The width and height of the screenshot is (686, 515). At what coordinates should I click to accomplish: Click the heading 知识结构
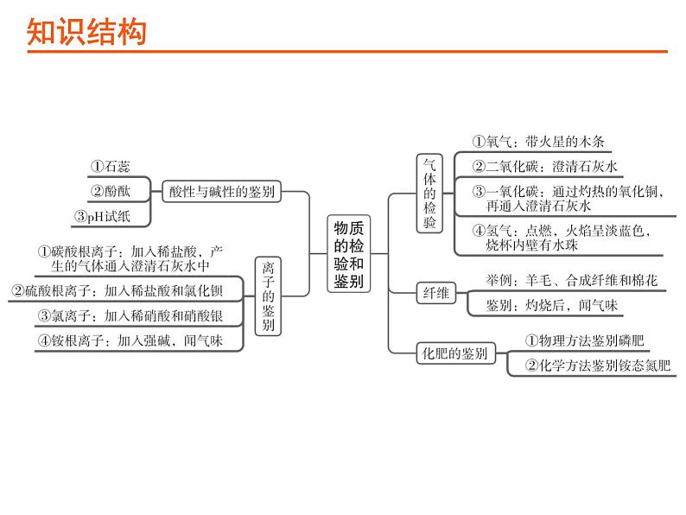click(x=86, y=32)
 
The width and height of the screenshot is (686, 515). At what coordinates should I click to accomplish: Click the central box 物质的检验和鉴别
click(x=349, y=254)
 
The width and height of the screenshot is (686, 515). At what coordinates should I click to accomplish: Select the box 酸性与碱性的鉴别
click(x=221, y=191)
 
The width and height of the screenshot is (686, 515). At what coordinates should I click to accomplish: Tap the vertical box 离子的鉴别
click(x=268, y=296)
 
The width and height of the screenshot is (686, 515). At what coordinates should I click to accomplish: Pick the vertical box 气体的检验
click(x=429, y=194)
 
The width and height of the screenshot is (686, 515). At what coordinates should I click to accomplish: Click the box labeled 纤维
click(x=435, y=292)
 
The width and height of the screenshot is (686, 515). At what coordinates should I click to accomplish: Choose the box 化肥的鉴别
click(x=455, y=353)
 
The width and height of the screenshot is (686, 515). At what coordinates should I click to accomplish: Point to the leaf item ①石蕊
click(x=111, y=166)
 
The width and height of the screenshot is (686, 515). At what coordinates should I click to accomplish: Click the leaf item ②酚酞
click(x=111, y=191)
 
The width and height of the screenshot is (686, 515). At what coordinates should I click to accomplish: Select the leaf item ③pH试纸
click(x=102, y=216)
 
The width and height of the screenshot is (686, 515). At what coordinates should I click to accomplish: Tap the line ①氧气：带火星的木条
click(x=538, y=142)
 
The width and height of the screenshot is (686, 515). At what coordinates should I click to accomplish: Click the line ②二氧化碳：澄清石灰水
click(x=544, y=166)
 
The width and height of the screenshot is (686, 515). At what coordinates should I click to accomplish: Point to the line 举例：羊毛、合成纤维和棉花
click(x=571, y=280)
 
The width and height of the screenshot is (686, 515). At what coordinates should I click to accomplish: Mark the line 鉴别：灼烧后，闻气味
click(x=551, y=305)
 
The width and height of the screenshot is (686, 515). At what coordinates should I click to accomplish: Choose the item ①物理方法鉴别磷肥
click(x=585, y=340)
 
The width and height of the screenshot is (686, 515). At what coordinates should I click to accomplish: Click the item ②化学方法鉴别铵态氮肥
click(x=598, y=366)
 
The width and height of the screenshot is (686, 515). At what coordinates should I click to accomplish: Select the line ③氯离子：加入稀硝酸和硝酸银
click(x=130, y=315)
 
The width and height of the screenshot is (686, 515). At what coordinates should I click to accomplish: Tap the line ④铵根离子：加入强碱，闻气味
click(x=130, y=340)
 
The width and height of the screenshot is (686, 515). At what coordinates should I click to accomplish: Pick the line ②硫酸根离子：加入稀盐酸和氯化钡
click(x=117, y=290)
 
